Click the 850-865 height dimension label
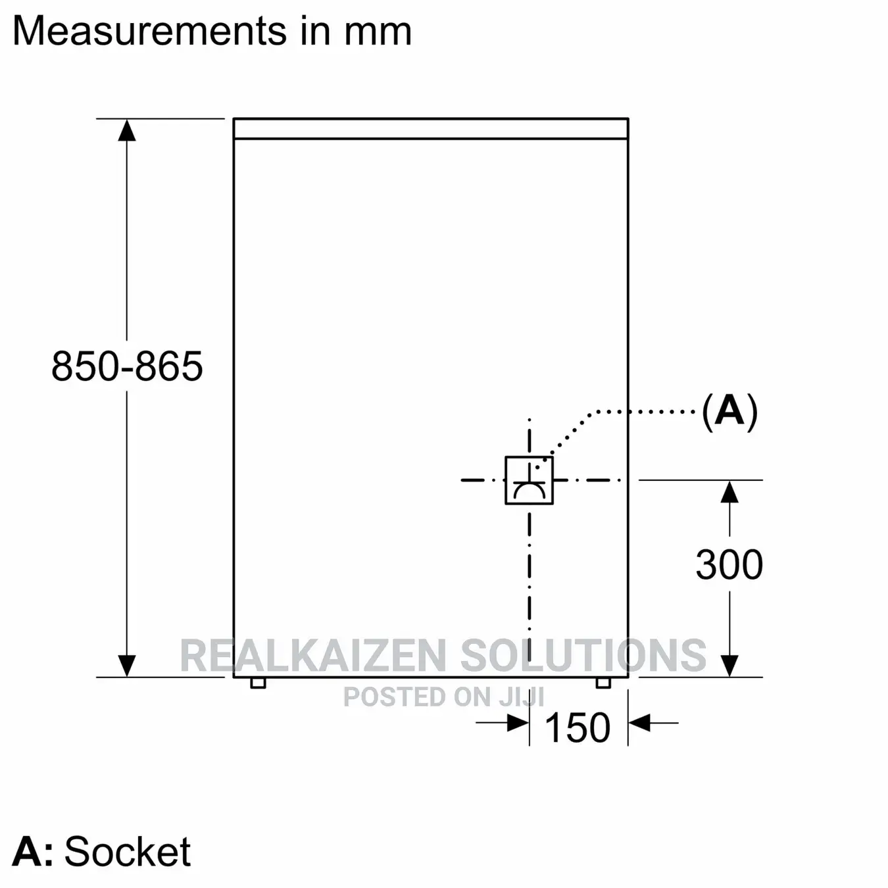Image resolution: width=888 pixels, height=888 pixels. [x=127, y=366]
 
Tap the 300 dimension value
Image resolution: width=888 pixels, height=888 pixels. [x=729, y=564]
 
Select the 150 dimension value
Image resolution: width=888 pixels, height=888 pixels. [x=578, y=728]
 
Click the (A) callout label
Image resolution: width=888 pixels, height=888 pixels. [x=729, y=411]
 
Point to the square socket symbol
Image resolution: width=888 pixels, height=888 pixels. [x=529, y=481]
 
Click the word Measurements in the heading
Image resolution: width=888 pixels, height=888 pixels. [x=150, y=32]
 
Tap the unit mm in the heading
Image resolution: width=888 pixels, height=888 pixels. [x=378, y=32]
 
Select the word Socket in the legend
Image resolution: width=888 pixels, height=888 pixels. [x=127, y=851]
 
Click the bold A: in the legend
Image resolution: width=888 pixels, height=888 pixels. [x=32, y=852]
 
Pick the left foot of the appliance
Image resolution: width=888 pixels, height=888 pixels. [x=258, y=683]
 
